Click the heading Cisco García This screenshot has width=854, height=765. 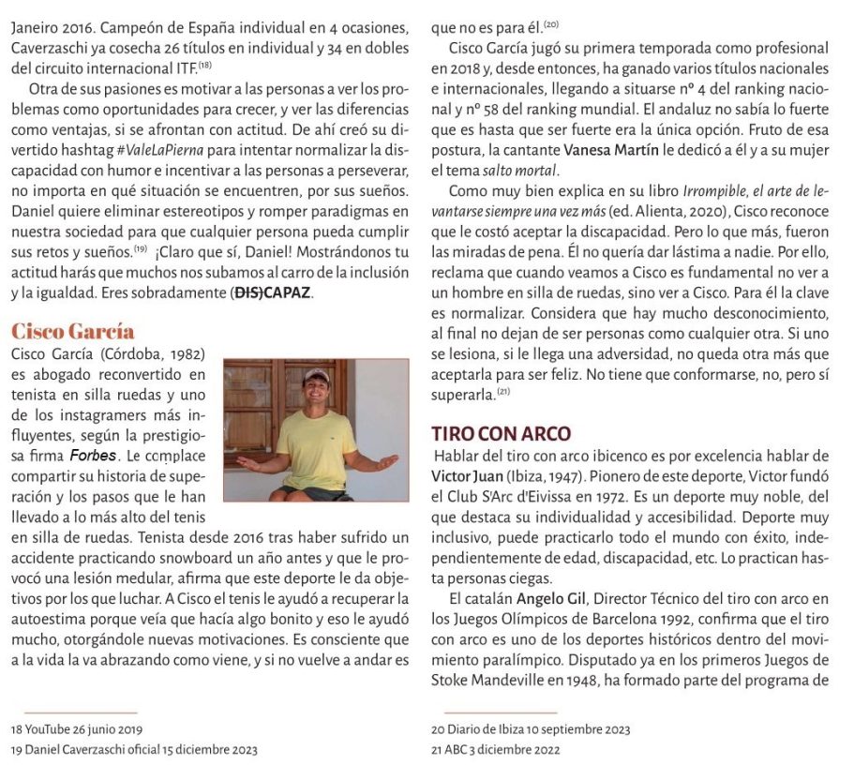click(72, 332)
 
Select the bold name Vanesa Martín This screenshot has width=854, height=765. click(607, 150)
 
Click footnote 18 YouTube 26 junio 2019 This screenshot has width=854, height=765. click(76, 728)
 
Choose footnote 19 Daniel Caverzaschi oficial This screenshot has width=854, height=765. click(134, 749)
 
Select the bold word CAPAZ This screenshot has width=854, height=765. click(286, 293)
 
